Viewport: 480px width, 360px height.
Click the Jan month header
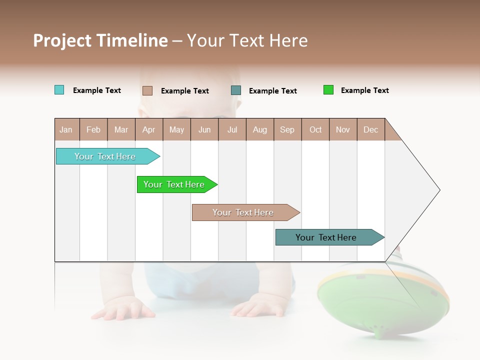click(66, 129)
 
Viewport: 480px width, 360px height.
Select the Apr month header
click(148, 129)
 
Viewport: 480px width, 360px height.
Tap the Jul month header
click(232, 129)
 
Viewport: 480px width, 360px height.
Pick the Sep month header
click(287, 129)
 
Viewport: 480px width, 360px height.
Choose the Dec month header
click(370, 129)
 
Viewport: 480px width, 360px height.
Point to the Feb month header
click(93, 129)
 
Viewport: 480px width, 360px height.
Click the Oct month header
click(315, 129)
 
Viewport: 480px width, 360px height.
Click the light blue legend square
click(59, 90)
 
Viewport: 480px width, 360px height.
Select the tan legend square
click(147, 90)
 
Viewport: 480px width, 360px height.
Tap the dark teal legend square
click(236, 90)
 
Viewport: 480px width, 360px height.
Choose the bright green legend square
click(328, 90)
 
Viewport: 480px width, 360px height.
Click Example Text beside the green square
click(364, 90)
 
